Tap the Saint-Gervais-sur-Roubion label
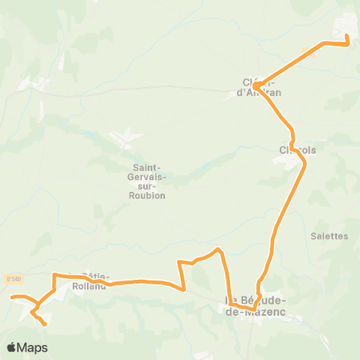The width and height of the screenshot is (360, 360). pos(148,182)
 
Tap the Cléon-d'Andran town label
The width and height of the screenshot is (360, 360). pos(262,88)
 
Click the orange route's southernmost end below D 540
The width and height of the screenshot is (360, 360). pos(45,325)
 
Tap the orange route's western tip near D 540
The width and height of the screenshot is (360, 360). pos(11,298)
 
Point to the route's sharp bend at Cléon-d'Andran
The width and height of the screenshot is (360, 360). pos(256,86)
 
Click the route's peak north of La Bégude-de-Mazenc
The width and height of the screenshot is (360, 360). pos(218,249)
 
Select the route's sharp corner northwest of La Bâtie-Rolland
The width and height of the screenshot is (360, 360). pos(54,275)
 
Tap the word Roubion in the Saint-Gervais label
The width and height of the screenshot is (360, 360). pos(148,196)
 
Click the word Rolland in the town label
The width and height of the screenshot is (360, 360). pos(90,285)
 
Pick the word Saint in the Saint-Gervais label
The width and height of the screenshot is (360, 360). pos(145,168)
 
